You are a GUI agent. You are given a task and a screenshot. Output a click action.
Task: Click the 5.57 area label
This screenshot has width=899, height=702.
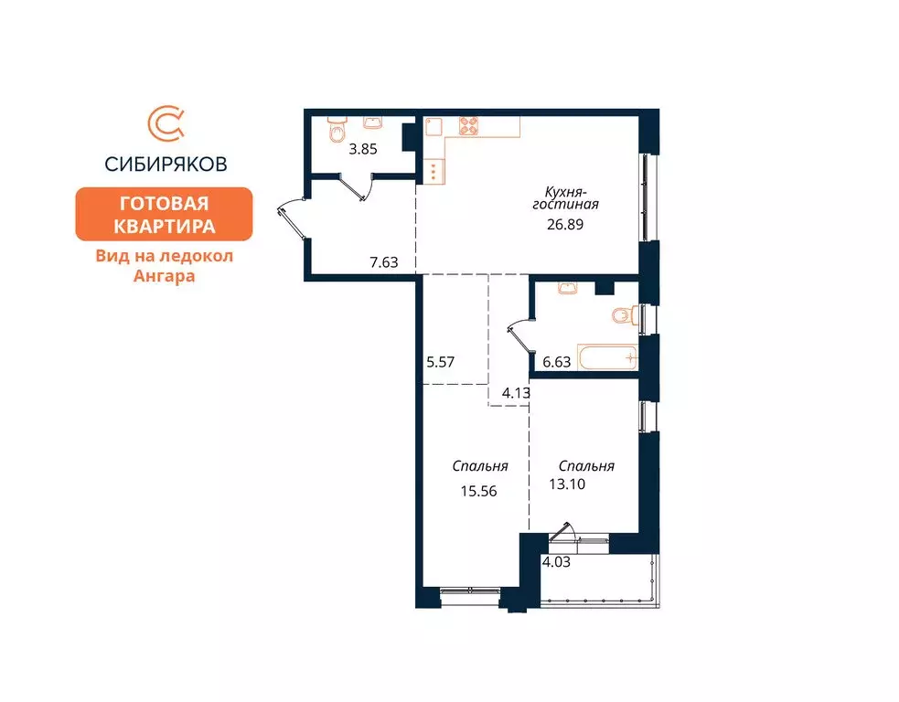point(442,362)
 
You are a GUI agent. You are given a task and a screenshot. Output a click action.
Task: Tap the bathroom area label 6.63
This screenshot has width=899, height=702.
point(556,362)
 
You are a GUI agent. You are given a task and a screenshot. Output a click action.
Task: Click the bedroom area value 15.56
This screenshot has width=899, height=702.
point(480,491)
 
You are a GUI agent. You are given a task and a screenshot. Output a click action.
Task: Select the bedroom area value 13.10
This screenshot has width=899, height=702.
point(567,484)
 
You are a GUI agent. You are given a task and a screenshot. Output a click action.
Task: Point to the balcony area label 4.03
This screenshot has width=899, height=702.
point(555,561)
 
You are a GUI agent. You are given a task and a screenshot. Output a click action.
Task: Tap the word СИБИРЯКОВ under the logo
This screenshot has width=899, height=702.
point(166,165)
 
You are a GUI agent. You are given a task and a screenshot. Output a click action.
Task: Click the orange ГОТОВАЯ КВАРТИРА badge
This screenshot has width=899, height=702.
point(163,214)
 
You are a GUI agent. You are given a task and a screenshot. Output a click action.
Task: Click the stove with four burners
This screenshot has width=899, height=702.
point(469,126)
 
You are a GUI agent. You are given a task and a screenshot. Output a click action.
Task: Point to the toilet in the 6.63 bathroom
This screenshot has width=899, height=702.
point(625,316)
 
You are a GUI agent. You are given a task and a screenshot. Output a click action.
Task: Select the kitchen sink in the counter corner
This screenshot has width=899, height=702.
point(433,127)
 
